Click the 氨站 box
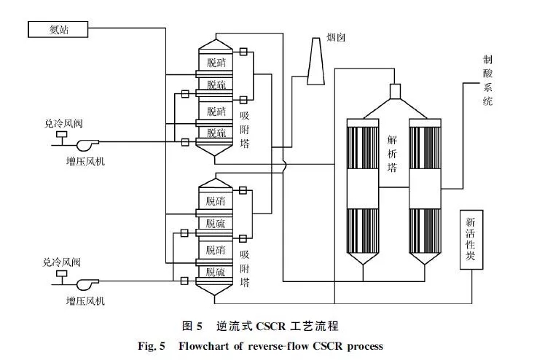[x=58, y=28]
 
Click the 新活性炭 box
[x=470, y=240]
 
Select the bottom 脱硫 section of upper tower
[x=216, y=133]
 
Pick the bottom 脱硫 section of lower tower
[x=216, y=271]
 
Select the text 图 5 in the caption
[x=190, y=325]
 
